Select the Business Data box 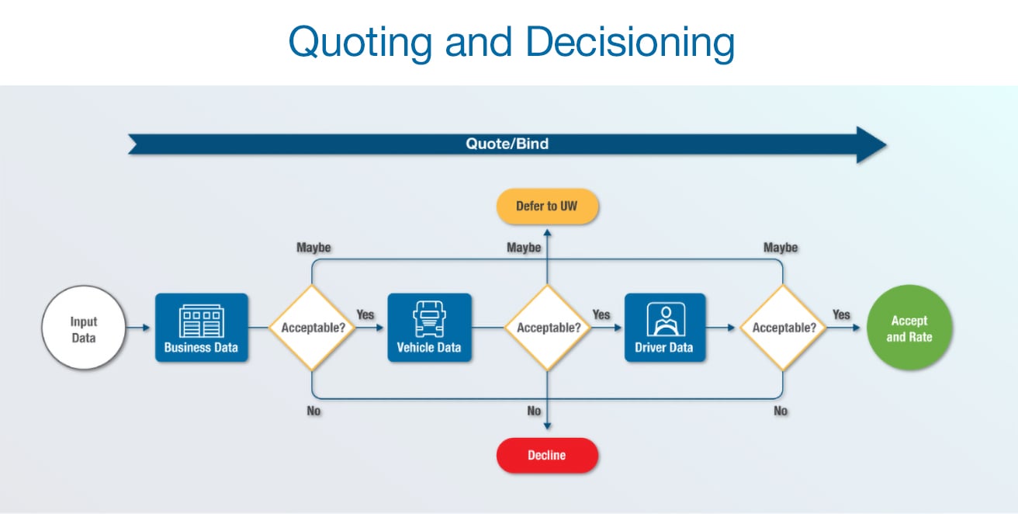(202, 327)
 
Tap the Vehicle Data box (429, 327)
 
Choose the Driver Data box (665, 327)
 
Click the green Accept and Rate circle (909, 328)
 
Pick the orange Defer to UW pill (547, 206)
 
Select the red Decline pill (547, 455)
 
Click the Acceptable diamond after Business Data (312, 327)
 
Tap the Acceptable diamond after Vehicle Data (549, 327)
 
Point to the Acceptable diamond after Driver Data (784, 327)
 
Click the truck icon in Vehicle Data (429, 318)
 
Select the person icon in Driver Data (665, 318)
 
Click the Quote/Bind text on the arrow (507, 144)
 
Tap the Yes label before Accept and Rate (841, 314)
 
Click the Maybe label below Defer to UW (524, 248)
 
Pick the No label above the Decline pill (534, 411)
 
